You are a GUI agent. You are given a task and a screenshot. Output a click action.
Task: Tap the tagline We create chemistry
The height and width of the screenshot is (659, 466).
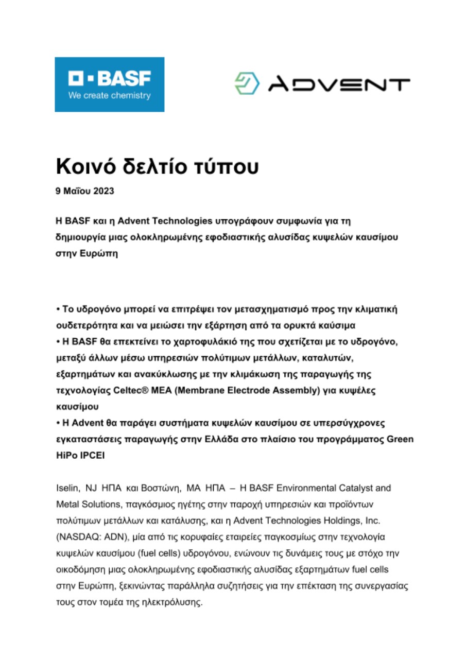point(109,95)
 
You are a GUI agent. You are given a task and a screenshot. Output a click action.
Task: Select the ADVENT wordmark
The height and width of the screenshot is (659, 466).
point(339,83)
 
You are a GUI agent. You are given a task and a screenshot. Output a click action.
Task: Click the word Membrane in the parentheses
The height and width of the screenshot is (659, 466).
point(198,391)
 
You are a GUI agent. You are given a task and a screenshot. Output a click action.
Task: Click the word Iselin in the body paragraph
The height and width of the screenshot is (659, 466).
point(66,488)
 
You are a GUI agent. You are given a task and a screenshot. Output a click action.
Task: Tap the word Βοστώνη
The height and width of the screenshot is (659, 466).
point(159,488)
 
